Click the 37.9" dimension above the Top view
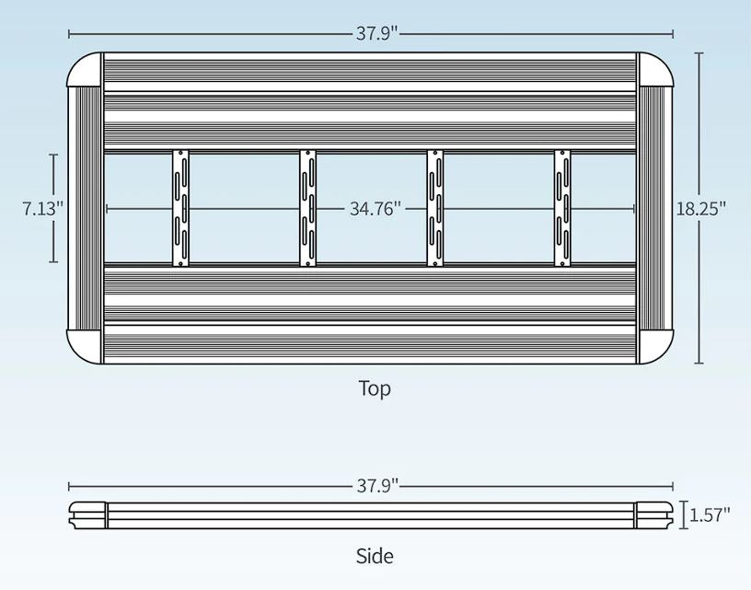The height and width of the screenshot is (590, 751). point(377,33)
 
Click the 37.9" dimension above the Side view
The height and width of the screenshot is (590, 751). point(377,486)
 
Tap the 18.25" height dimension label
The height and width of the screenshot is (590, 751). point(701,208)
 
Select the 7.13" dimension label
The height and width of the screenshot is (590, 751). point(43,209)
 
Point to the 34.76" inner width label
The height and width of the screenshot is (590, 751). point(375,209)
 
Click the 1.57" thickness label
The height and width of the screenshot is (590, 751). point(710,515)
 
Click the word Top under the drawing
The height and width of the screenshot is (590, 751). point(375,388)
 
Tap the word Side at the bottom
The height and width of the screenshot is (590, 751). point(375,556)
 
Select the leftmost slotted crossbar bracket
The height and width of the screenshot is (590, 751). point(180,208)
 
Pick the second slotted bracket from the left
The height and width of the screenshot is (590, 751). point(308,208)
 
